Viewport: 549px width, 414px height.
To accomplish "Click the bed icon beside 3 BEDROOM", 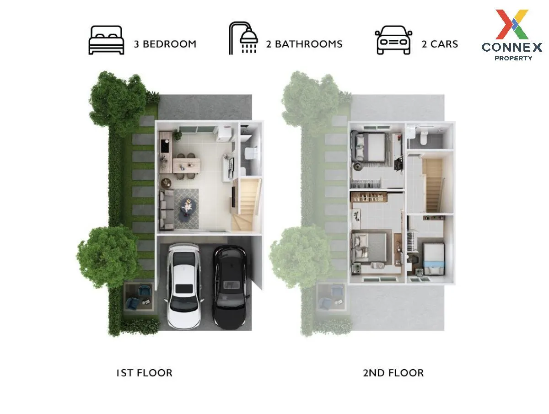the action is [106, 40].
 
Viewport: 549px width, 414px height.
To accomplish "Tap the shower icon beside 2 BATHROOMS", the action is [243, 38].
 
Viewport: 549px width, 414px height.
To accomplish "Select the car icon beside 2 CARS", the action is [393, 40].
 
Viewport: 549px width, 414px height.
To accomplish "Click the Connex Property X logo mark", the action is [512, 24].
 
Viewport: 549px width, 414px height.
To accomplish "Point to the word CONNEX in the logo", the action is [512, 47].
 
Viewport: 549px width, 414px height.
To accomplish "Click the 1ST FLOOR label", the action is [144, 373].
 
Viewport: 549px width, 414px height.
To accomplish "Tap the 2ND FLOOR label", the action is [393, 373].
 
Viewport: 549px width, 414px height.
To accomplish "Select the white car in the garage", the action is [184, 286].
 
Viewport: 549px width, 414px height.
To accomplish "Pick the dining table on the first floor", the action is [186, 165].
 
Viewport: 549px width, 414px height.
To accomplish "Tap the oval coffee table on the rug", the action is [187, 207].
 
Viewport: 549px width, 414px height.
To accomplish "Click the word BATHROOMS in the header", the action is [309, 44].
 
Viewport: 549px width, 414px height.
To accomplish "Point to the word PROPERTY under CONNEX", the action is [513, 58].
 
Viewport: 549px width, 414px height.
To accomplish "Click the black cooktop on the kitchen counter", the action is [165, 146].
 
